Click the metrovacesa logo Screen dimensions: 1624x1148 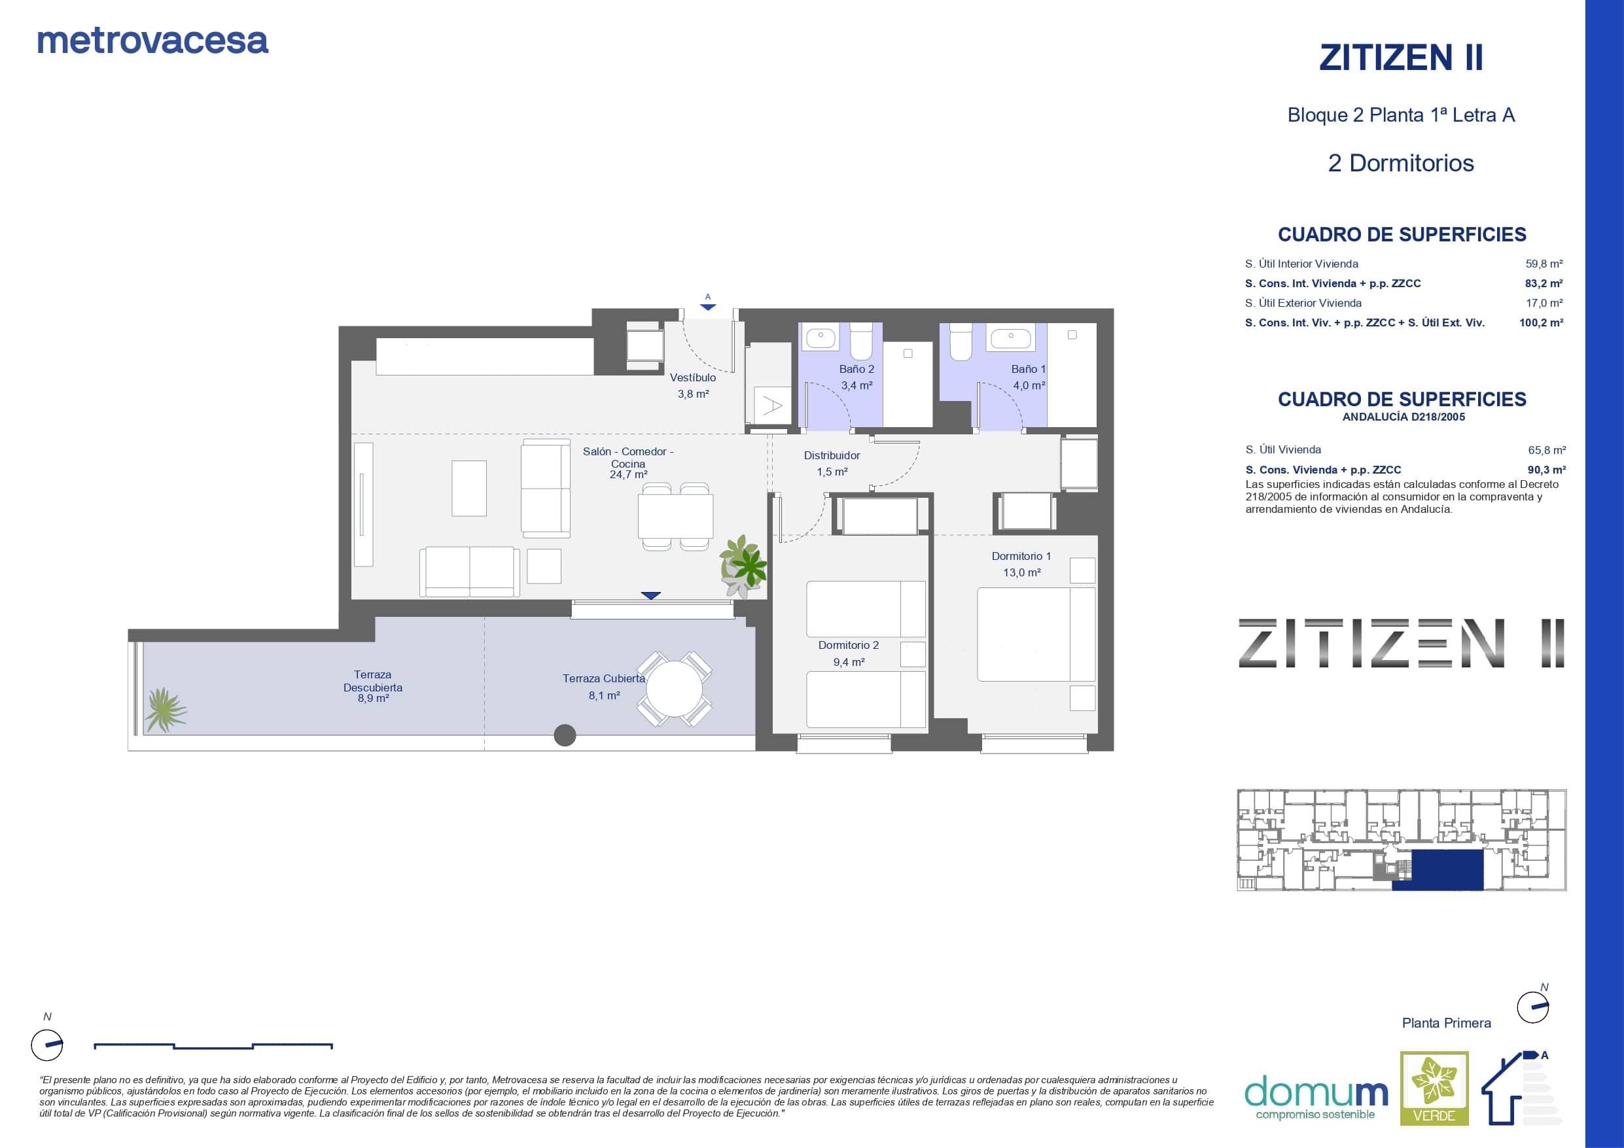point(152,41)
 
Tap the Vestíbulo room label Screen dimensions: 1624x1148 point(692,377)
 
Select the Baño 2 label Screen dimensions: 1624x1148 point(856,369)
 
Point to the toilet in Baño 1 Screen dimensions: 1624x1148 point(961,341)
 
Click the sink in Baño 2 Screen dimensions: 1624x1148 point(821,338)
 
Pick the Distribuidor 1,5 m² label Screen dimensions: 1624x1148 point(832,463)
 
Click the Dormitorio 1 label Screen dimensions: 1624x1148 point(1021,557)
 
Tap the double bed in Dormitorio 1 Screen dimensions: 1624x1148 point(1036,635)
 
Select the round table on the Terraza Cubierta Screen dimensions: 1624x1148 point(675,689)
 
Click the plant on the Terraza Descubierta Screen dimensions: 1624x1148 point(165,710)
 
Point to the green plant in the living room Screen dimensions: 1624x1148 point(743,566)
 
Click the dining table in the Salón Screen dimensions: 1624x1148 point(675,516)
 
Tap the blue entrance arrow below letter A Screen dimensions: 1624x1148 point(708,307)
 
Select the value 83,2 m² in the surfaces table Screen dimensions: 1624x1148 point(1544,284)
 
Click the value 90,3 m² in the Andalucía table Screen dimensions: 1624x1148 point(1547,470)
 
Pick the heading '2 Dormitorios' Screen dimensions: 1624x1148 point(1400,164)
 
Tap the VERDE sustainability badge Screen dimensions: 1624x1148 point(1434,1088)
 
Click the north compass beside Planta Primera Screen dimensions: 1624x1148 point(1534,1007)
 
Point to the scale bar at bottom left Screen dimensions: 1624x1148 point(213,1045)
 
